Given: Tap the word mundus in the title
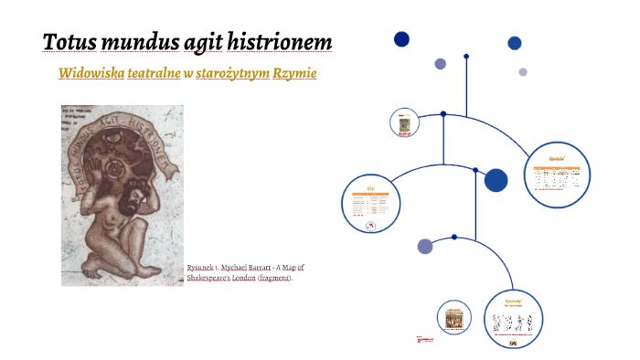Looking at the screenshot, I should tap(139, 42).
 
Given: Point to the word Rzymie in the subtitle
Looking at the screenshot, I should tap(294, 72).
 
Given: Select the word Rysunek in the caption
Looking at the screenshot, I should tap(200, 268).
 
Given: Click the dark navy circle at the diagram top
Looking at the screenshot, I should tap(401, 38).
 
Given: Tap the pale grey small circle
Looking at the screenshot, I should tap(523, 72).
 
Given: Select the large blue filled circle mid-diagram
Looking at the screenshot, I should tap(496, 180).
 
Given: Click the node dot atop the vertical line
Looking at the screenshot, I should tap(466, 57).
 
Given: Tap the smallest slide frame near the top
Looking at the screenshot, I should tap(402, 122).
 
